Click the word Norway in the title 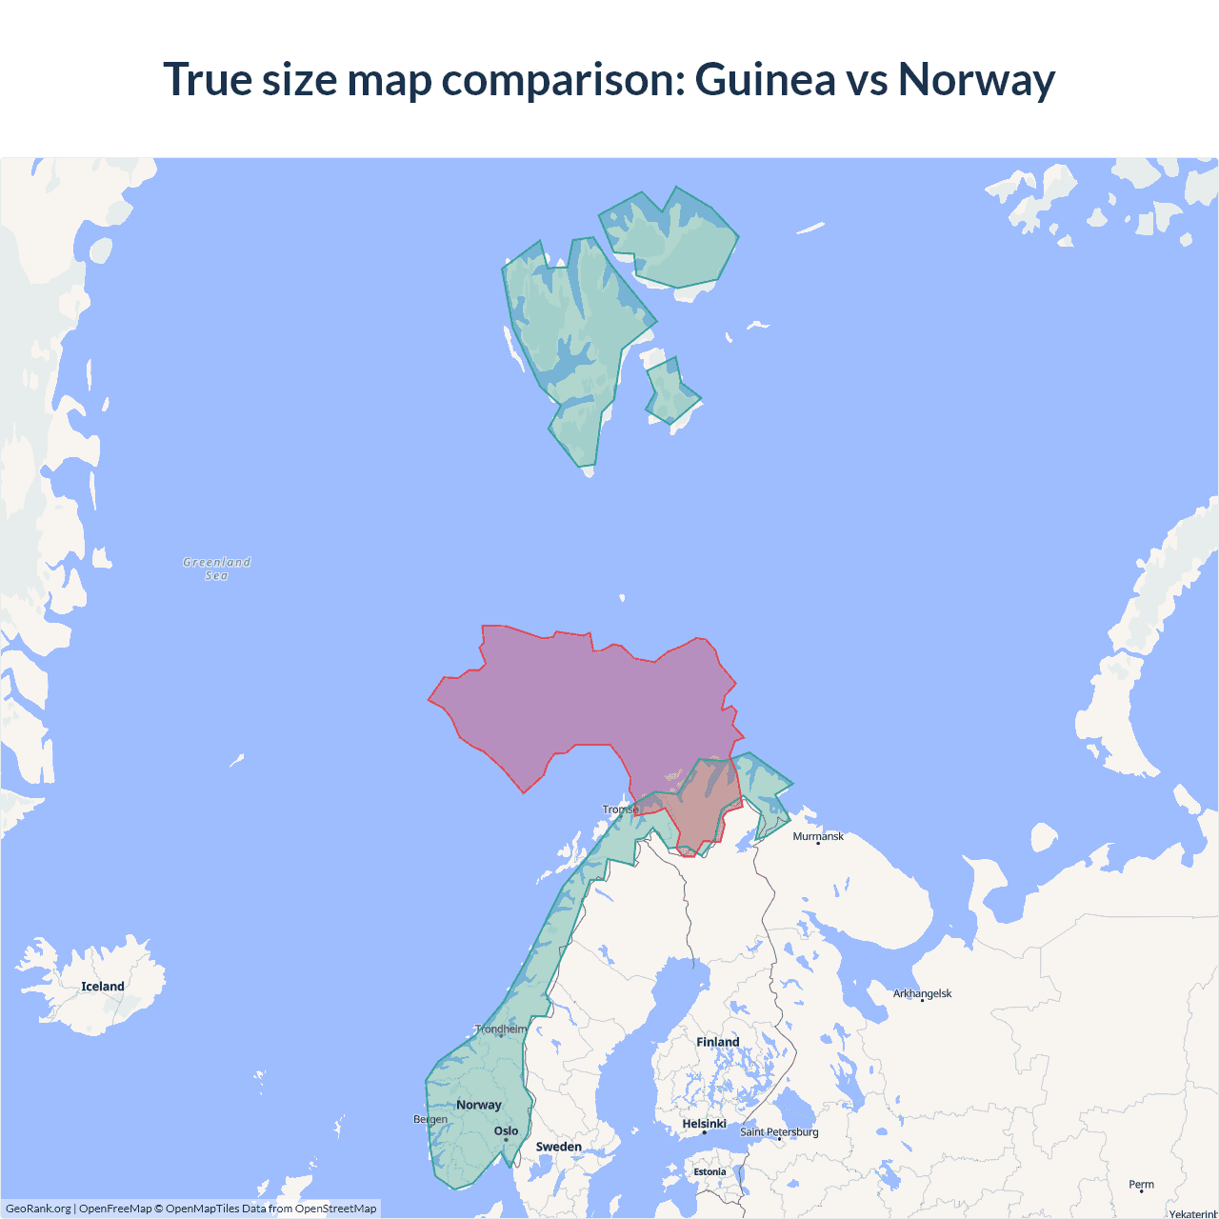click(x=976, y=79)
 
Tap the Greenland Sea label click(x=216, y=569)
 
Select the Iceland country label click(x=103, y=987)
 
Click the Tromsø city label click(x=620, y=809)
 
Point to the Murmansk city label click(x=818, y=836)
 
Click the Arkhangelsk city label click(x=922, y=993)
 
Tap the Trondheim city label click(x=501, y=1029)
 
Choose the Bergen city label click(x=430, y=1119)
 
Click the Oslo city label click(x=506, y=1131)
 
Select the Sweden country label click(x=558, y=1147)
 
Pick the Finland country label click(x=717, y=1042)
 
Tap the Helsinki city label click(x=704, y=1124)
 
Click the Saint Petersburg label click(x=779, y=1131)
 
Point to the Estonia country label click(x=709, y=1172)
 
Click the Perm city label click(x=1141, y=1185)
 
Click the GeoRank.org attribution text click(x=38, y=1209)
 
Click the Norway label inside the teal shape click(x=478, y=1105)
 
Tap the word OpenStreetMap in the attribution click(x=335, y=1209)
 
